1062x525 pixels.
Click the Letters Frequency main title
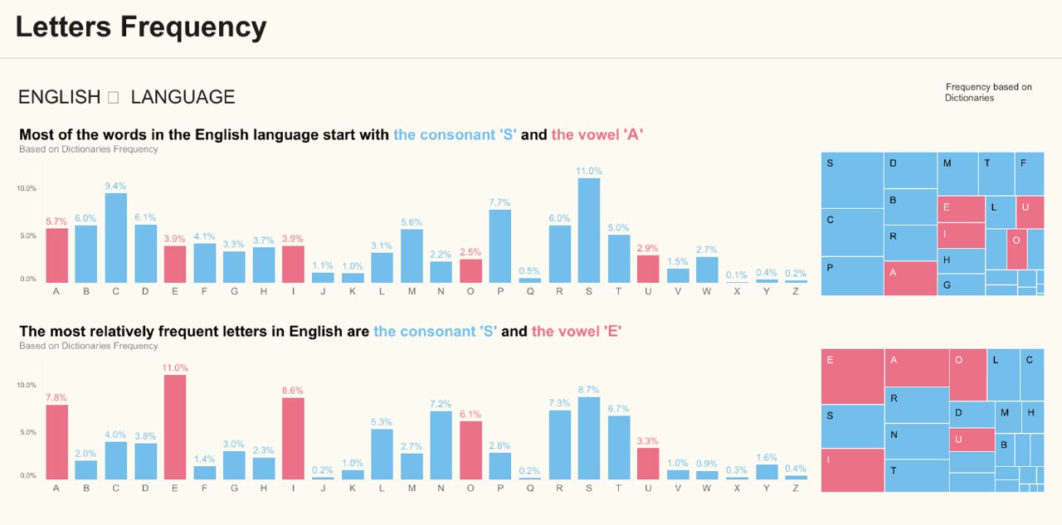(141, 27)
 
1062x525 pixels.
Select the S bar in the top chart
(588, 231)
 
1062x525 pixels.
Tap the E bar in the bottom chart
(175, 427)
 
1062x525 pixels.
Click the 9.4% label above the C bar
(116, 186)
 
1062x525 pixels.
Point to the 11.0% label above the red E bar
(175, 367)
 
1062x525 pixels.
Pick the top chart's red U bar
(648, 269)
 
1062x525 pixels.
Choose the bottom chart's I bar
(293, 439)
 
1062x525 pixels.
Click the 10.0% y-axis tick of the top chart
(27, 188)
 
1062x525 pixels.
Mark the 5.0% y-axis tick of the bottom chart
(27, 432)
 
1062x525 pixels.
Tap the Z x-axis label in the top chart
(796, 291)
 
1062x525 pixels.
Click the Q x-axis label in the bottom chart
(529, 488)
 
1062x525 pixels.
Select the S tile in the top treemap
(852, 180)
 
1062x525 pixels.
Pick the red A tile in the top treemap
(910, 279)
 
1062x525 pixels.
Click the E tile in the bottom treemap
(852, 377)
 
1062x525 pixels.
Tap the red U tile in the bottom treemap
(972, 440)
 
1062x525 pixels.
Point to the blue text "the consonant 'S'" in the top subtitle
(455, 134)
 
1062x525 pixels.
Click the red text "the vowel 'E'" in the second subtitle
(577, 332)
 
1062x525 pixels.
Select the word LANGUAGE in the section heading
(183, 97)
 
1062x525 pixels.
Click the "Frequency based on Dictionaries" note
(987, 92)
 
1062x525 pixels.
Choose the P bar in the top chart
(499, 246)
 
